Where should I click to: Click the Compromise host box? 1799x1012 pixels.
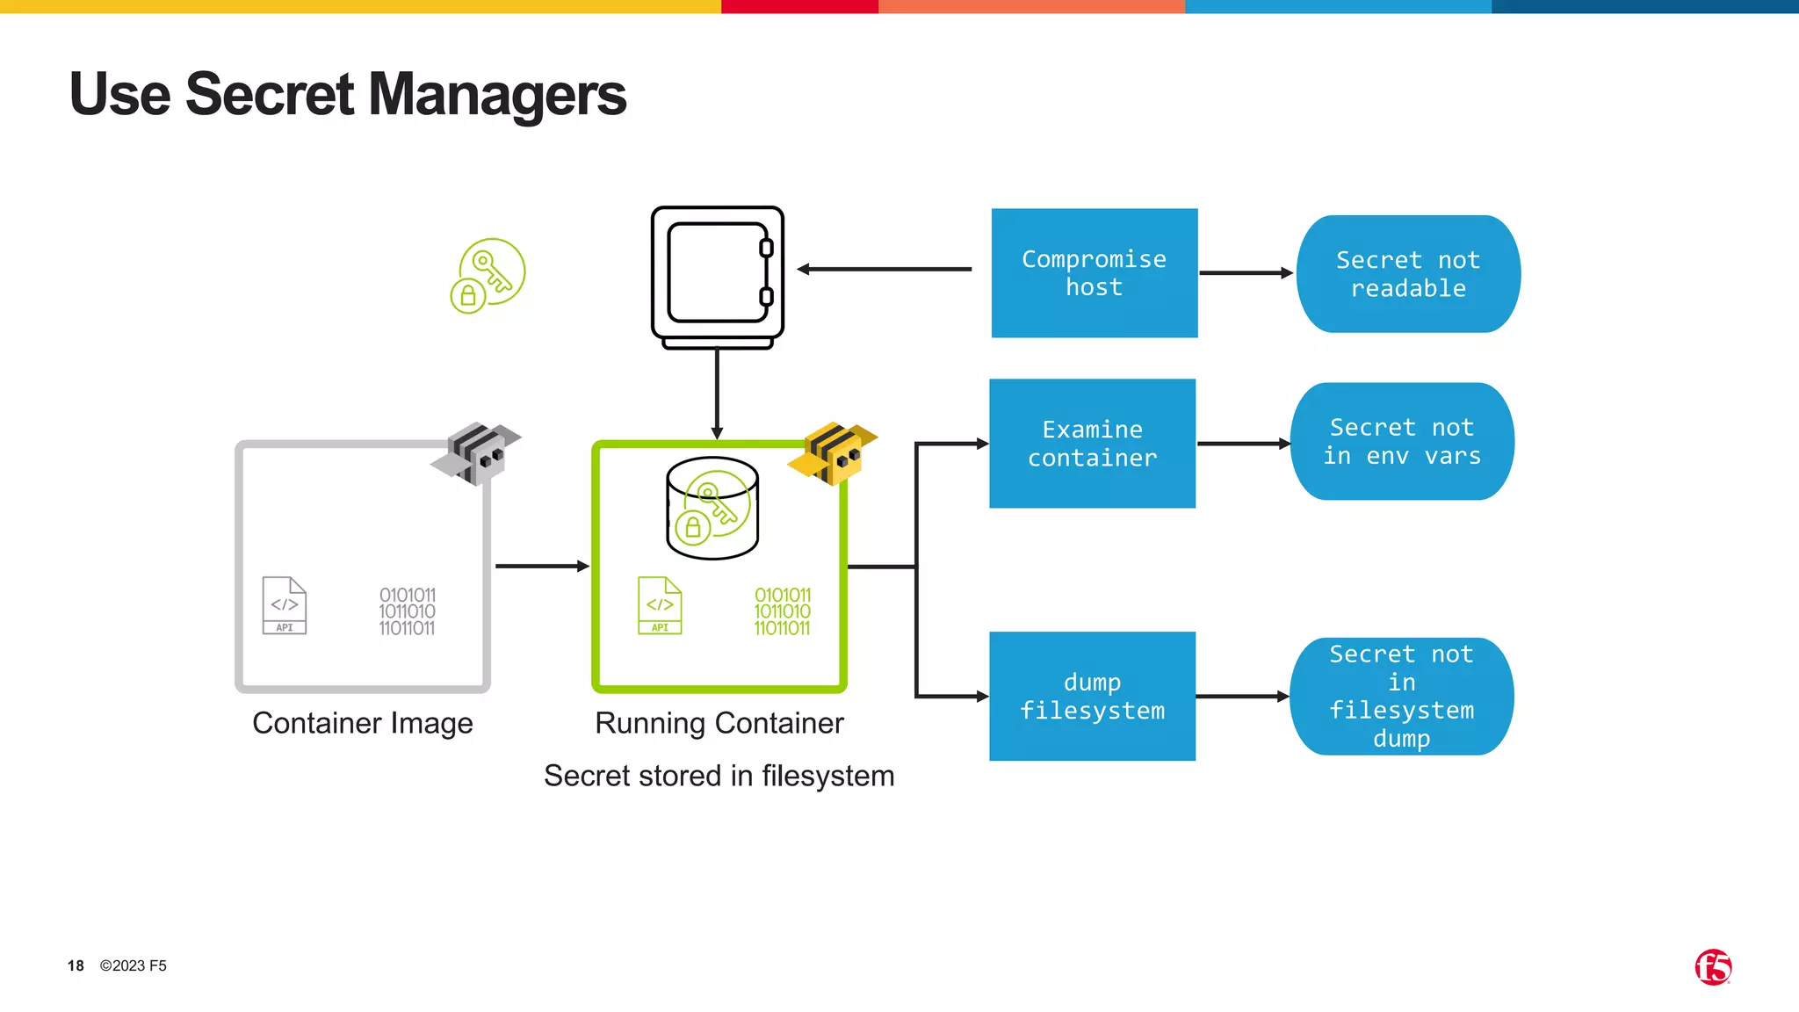(1094, 273)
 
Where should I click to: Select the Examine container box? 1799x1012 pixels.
(1092, 444)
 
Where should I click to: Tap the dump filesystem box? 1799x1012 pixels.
(1092, 696)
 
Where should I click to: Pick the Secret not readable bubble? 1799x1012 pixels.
(1407, 274)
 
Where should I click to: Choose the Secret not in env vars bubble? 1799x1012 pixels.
(1402, 442)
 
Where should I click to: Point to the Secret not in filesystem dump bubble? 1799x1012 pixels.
(1401, 696)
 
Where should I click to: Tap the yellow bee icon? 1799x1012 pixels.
(833, 453)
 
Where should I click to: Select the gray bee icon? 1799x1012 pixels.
(476, 453)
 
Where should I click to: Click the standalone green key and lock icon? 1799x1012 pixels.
(488, 276)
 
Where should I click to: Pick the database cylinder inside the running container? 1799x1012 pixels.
(712, 509)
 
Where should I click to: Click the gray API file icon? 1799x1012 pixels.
(285, 605)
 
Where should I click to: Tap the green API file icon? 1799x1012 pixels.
(660, 605)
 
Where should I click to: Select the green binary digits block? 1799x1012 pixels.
(782, 611)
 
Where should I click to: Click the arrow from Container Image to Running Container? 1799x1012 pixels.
(541, 567)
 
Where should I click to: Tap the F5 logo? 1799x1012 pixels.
(1712, 967)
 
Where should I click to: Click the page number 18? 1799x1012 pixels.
(76, 965)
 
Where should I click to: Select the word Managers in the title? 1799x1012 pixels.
(497, 95)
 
